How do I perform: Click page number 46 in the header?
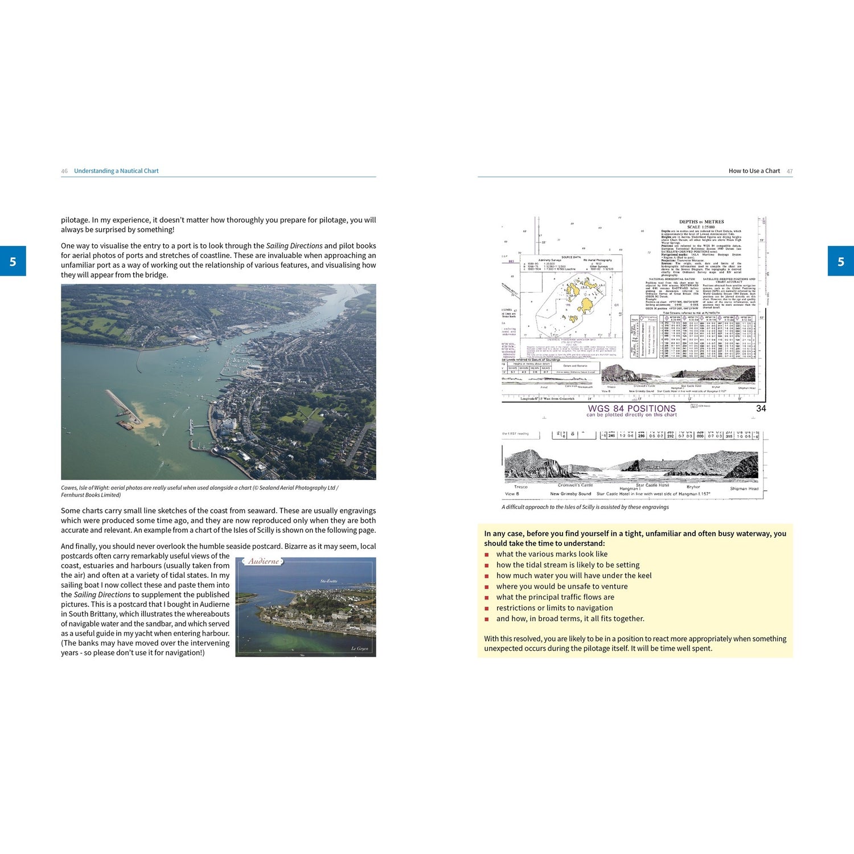pos(64,171)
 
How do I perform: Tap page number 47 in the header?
pos(790,171)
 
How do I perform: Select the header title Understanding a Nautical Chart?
pos(116,171)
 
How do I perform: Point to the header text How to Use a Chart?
pos(754,171)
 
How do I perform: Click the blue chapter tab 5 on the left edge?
pos(13,261)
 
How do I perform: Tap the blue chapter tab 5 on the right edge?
pos(841,261)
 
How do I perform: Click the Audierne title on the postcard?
pos(264,561)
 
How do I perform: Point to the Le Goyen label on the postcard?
pos(359,648)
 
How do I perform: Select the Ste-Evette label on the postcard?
pos(329,581)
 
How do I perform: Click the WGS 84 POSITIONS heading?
pos(631,408)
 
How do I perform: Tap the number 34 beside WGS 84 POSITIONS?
pos(761,408)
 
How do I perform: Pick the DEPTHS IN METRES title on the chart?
pos(701,221)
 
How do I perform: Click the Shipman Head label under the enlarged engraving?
pos(744,488)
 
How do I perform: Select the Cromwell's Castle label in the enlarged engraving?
pos(575,485)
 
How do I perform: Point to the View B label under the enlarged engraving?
pos(512,494)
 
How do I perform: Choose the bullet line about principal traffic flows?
pos(555,597)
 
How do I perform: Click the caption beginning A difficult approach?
pos(585,507)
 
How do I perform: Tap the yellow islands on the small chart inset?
pos(586,296)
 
